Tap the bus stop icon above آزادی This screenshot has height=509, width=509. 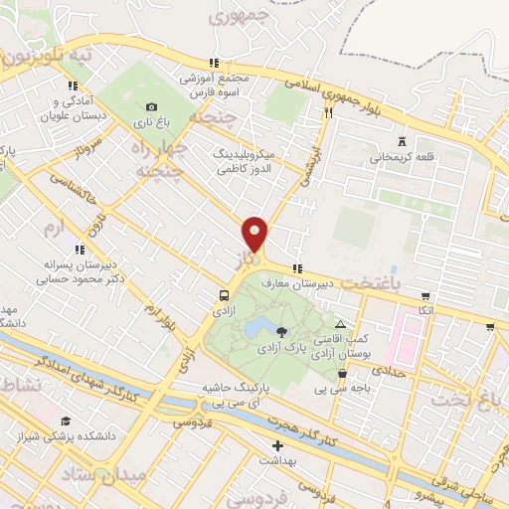[x=225, y=295]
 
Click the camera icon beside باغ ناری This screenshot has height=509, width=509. [x=151, y=107]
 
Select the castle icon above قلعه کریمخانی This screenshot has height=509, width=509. [x=401, y=141]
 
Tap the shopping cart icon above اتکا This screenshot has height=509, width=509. [x=425, y=296]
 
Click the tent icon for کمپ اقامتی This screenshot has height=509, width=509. [x=341, y=324]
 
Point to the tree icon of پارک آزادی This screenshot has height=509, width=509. [x=282, y=332]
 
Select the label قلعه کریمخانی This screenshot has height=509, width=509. [x=401, y=157]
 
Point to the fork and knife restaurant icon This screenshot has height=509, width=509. [x=327, y=113]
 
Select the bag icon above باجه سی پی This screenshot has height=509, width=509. [x=343, y=374]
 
